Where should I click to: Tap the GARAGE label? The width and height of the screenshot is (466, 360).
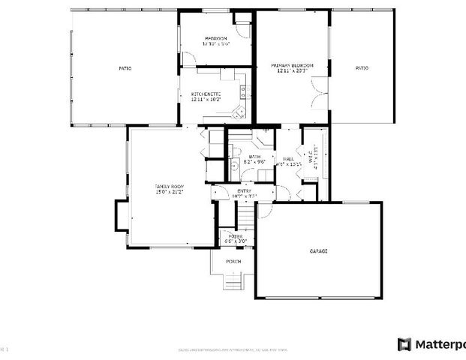(318, 250)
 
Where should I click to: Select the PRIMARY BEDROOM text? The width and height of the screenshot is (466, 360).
(292, 66)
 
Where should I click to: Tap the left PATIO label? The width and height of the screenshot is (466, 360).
(125, 68)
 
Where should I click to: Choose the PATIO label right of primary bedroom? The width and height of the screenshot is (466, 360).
(361, 68)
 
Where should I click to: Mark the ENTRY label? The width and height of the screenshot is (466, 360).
(244, 192)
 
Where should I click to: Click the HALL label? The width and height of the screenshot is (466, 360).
(288, 158)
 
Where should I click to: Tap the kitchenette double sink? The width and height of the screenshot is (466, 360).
(242, 91)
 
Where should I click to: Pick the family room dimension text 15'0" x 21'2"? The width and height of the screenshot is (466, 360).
(169, 191)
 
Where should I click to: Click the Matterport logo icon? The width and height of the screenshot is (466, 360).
(404, 344)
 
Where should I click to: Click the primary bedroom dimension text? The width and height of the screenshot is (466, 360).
(292, 72)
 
